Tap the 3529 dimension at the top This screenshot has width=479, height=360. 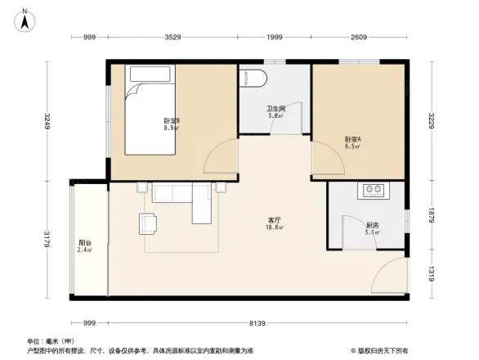172,38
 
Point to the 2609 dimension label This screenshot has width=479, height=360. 359,38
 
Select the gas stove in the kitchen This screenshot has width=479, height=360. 374,191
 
